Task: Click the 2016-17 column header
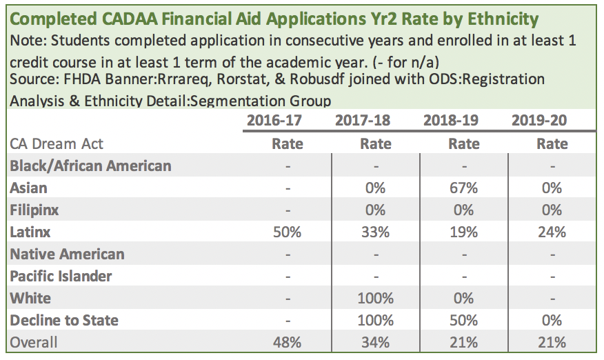click(x=274, y=121)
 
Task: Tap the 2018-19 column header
click(x=451, y=121)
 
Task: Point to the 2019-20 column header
click(x=539, y=121)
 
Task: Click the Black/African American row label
click(x=90, y=166)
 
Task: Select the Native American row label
click(x=68, y=254)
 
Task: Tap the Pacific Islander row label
click(x=61, y=276)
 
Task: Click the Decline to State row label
click(x=64, y=320)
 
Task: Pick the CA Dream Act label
click(x=56, y=144)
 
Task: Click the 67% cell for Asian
click(x=463, y=188)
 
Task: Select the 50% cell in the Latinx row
click(x=287, y=232)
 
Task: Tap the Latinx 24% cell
click(x=552, y=232)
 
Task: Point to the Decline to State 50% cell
click(x=463, y=320)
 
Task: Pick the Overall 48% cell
click(x=287, y=342)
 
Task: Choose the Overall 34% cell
click(x=375, y=342)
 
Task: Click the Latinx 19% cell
click(x=463, y=232)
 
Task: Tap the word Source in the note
click(x=33, y=79)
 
